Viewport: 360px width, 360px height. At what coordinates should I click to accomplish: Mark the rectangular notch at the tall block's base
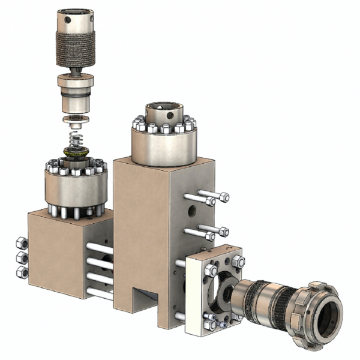144,297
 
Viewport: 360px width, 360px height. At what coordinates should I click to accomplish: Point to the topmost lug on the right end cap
317,283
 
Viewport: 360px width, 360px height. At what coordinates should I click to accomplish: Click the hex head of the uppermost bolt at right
224,197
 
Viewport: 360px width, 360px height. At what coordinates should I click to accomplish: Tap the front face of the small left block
57,258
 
